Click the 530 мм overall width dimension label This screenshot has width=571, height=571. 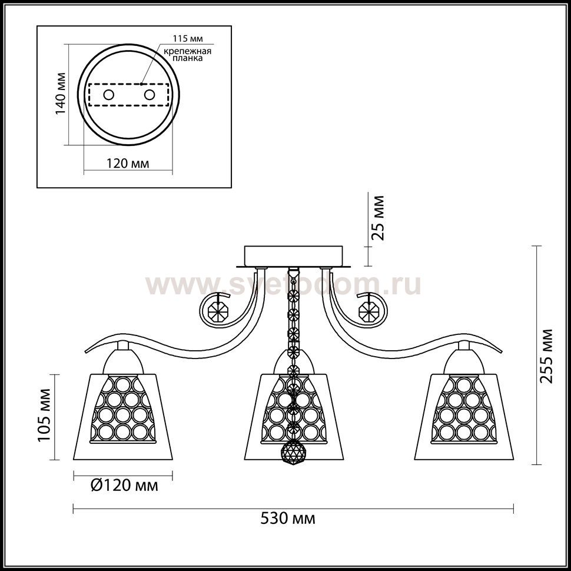[288, 519]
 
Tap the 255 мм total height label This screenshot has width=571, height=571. [546, 356]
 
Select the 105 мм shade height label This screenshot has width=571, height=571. [44, 415]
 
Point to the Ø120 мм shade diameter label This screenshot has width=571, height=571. [124, 486]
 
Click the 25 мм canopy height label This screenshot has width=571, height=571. [377, 218]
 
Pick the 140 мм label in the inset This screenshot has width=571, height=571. [61, 94]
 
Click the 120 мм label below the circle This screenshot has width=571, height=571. [128, 164]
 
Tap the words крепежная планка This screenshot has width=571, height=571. [187, 54]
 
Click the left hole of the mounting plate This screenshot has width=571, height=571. [108, 95]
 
